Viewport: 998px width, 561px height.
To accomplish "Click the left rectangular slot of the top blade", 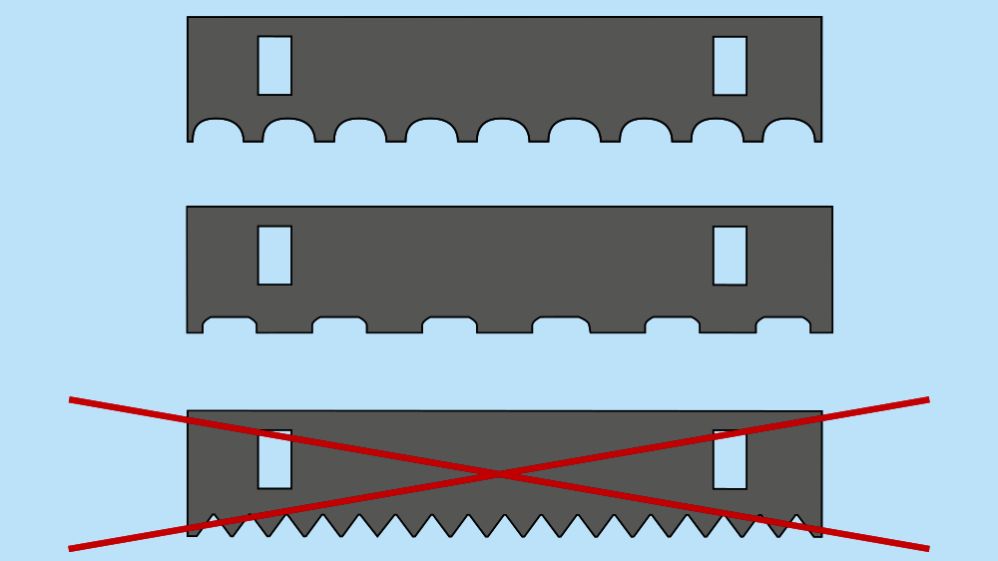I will pyautogui.click(x=274, y=66).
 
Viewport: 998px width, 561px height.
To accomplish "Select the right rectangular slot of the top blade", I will pyautogui.click(x=730, y=66).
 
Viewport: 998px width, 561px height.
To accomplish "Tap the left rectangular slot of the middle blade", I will pyautogui.click(x=274, y=256).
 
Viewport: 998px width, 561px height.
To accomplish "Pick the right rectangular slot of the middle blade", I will pyautogui.click(x=730, y=256).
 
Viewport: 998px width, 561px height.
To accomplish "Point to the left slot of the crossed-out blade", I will pyautogui.click(x=274, y=460).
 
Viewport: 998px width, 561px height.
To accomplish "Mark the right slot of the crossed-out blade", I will pyautogui.click(x=730, y=460).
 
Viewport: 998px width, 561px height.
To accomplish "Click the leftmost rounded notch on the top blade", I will pyautogui.click(x=218, y=131).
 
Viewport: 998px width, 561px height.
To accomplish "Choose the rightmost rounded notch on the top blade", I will pyautogui.click(x=788, y=131).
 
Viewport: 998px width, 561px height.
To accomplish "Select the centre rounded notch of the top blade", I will pyautogui.click(x=503, y=131).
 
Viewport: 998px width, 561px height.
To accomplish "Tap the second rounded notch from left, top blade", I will pyautogui.click(x=288, y=131).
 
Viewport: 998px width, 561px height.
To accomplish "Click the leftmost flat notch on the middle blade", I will pyautogui.click(x=230, y=324).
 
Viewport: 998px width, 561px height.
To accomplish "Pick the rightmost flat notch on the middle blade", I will pyautogui.click(x=782, y=324).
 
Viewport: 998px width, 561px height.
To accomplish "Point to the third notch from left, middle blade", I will pyautogui.click(x=449, y=324).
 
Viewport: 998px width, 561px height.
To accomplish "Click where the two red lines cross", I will pyautogui.click(x=499, y=474).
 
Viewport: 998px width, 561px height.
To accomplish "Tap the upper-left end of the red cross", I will pyautogui.click(x=71, y=400).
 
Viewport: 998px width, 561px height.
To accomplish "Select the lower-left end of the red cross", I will pyautogui.click(x=71, y=548).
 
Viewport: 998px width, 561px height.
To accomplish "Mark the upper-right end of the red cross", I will pyautogui.click(x=927, y=400).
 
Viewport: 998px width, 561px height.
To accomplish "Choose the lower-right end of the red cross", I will pyautogui.click(x=927, y=548).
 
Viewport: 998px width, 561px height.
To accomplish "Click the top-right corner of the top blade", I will pyautogui.click(x=821, y=17).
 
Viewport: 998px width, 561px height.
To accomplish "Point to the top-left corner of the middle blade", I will pyautogui.click(x=188, y=207).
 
